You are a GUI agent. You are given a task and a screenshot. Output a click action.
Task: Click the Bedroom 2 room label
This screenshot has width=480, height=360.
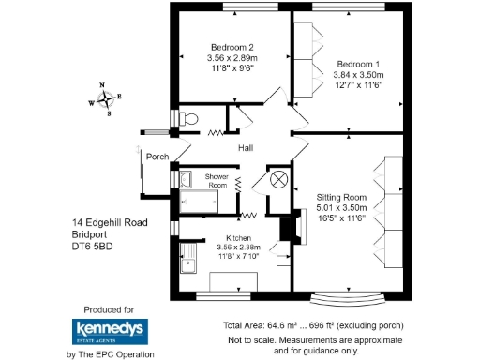click(232, 48)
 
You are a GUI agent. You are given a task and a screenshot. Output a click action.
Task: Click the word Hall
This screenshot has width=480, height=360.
click(246, 149)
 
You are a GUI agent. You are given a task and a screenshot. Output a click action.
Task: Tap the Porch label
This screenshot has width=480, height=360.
click(157, 157)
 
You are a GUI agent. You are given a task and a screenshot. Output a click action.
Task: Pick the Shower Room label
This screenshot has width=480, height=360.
click(217, 181)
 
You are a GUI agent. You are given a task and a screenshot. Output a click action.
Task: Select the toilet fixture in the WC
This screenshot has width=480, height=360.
click(190, 119)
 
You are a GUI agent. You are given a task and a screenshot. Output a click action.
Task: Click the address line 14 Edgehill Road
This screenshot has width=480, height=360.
click(111, 222)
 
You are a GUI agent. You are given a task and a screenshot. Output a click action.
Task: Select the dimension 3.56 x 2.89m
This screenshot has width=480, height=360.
click(232, 58)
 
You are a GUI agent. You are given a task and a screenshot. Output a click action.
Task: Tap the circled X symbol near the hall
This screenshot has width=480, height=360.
click(278, 180)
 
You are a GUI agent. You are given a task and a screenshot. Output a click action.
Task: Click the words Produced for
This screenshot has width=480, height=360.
click(109, 308)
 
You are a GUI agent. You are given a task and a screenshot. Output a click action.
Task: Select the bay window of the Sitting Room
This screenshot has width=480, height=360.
click(349, 297)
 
